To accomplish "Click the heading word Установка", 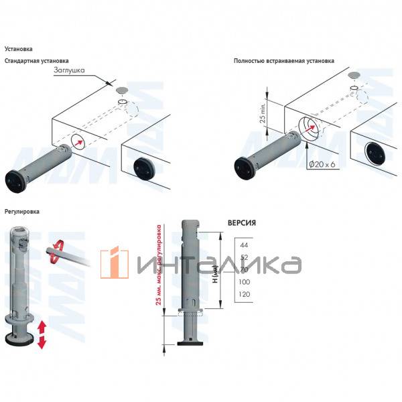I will (18, 49).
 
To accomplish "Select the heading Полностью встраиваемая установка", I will (283, 62).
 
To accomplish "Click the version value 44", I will (243, 246).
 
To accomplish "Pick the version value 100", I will (245, 282).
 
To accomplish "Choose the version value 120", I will (245, 295).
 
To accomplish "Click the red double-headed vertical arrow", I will (42, 334).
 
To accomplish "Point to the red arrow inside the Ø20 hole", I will (309, 130).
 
